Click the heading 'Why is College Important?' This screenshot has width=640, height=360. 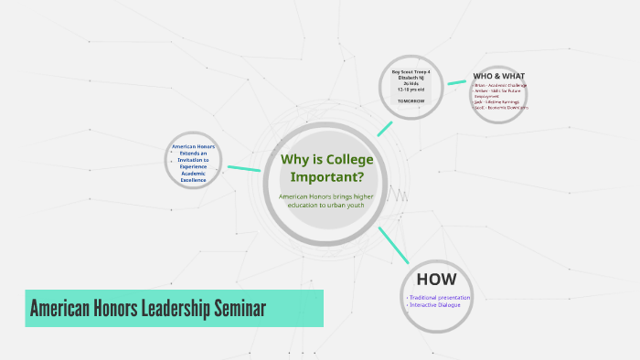click(x=326, y=168)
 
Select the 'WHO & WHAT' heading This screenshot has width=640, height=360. click(x=498, y=76)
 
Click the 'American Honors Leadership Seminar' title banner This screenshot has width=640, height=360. click(x=174, y=309)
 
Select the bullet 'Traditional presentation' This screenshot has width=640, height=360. click(x=440, y=297)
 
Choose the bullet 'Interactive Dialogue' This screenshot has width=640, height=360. click(x=435, y=304)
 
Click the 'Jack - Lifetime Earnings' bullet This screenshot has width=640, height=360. click(x=498, y=101)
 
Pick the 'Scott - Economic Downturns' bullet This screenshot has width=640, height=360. click(x=502, y=107)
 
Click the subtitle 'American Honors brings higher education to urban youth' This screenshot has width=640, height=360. click(x=326, y=200)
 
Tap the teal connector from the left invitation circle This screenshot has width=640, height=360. click(x=242, y=168)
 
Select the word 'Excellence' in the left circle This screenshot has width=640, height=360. click(x=194, y=180)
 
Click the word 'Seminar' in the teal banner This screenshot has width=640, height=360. click(x=240, y=309)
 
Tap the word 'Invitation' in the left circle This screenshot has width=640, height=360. click(x=194, y=159)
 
